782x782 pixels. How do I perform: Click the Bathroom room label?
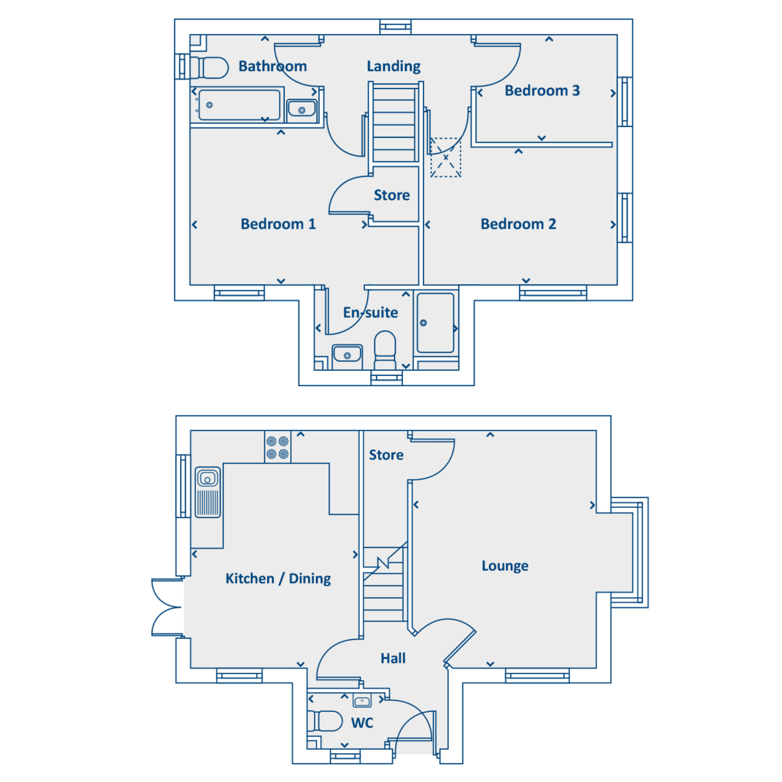[x=273, y=66]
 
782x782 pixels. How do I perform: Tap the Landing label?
[x=394, y=66]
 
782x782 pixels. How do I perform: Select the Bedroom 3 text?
[x=542, y=90]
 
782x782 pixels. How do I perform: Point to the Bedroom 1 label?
[x=278, y=224]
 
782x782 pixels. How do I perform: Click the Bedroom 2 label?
[x=518, y=224]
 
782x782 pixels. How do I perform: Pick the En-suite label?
[x=371, y=312]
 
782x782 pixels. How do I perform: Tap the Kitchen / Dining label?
[x=278, y=578]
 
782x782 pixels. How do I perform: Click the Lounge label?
[x=505, y=566]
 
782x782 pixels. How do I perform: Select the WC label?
[x=362, y=723]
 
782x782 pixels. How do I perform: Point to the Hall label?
[x=393, y=658]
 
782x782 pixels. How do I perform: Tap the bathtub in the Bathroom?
[x=239, y=105]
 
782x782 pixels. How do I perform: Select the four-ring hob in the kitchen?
[x=278, y=447]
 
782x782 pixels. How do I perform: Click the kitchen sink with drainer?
[x=208, y=492]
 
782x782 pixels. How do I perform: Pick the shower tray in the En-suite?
[x=436, y=323]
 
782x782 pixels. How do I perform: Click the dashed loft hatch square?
[x=446, y=157]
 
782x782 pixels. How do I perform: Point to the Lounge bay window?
[x=630, y=553]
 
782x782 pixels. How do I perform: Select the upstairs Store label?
[x=392, y=195]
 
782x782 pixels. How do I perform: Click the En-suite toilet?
[x=385, y=350]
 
